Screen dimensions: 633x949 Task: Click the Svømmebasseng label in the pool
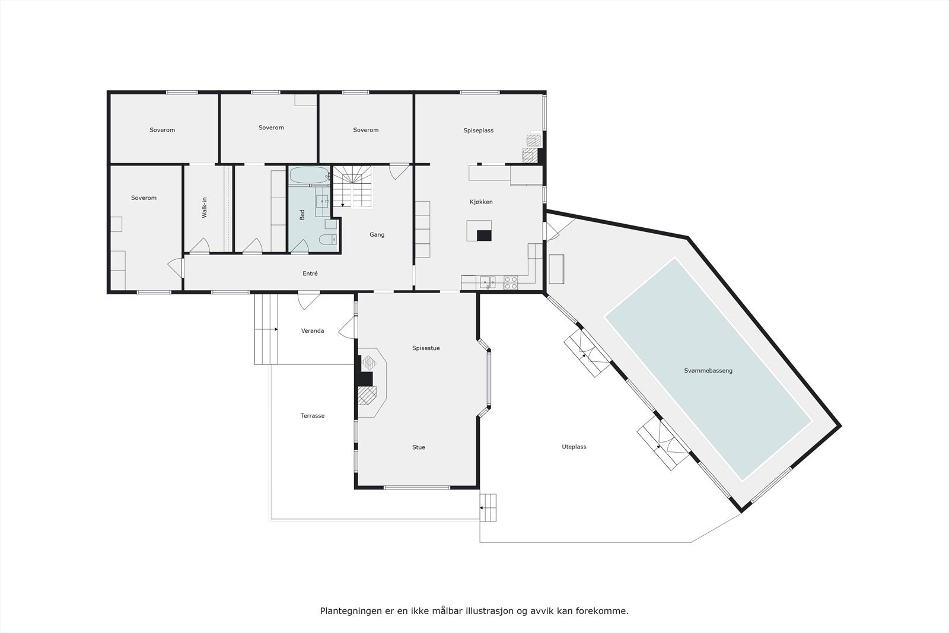(x=708, y=371)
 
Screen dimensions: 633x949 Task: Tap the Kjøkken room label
(x=481, y=202)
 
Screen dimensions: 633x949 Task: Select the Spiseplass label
(x=478, y=131)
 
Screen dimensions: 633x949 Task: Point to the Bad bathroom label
(x=302, y=215)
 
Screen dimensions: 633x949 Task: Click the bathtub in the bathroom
(x=308, y=176)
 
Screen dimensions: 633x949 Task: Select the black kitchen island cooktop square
(x=484, y=235)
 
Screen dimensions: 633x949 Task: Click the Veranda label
(x=313, y=331)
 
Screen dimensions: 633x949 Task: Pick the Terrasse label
(x=313, y=416)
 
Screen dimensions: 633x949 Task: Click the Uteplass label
(x=574, y=447)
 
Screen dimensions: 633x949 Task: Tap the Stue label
(x=419, y=447)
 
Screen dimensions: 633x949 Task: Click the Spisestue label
(x=426, y=348)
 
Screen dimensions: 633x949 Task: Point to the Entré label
(x=310, y=273)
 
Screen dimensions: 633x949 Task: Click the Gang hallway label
(x=377, y=235)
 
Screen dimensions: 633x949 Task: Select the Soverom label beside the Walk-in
(x=144, y=198)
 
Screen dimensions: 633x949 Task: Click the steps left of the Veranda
(x=266, y=329)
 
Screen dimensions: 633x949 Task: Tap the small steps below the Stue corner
(x=488, y=508)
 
